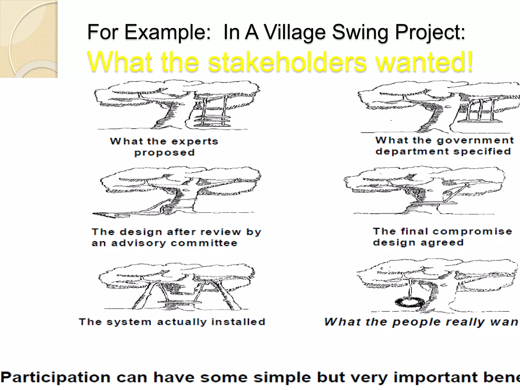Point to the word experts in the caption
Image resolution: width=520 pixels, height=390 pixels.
pos(195,141)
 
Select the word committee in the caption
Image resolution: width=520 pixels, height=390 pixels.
pos(204,243)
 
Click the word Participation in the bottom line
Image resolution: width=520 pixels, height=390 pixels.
pos(55,378)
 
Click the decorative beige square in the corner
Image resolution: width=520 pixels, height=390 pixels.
pos(29,39)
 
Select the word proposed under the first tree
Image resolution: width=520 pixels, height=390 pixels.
pos(165,153)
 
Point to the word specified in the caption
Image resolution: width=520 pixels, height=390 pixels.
pos(482,152)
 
